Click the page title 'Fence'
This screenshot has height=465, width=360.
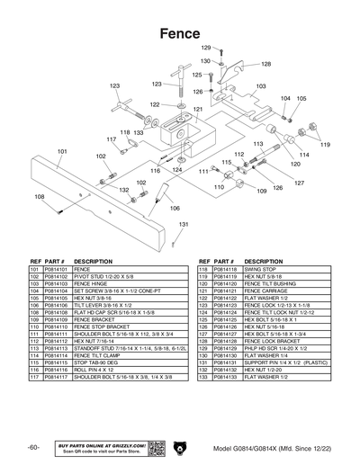tap(179, 32)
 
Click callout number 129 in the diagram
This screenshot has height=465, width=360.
tap(204, 47)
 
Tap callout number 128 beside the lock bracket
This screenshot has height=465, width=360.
tap(265, 64)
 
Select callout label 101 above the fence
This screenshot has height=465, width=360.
tap(61, 152)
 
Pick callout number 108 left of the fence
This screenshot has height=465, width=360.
tap(40, 196)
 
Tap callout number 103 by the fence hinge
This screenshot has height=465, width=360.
tap(261, 86)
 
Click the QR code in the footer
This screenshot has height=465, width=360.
tap(154, 447)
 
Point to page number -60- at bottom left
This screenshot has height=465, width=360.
tap(33, 447)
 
